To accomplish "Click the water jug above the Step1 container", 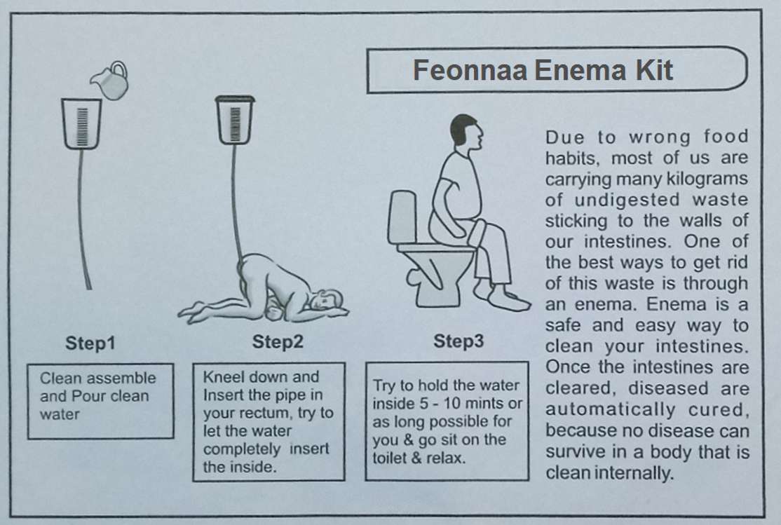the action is [110, 81].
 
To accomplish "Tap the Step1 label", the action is [90, 343].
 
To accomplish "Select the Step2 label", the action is [278, 341].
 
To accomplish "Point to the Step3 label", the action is [459, 341].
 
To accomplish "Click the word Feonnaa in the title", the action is [470, 69].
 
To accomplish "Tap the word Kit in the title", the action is [653, 69].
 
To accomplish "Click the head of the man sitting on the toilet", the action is [466, 133].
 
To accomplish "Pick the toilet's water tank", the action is [402, 217].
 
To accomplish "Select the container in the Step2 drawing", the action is [235, 120].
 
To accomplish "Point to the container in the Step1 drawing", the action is [81, 123].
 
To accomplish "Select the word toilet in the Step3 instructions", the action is [391, 458].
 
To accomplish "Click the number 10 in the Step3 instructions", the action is [449, 404].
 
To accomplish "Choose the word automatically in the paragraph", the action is [610, 409].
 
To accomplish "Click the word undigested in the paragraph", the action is [627, 200].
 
